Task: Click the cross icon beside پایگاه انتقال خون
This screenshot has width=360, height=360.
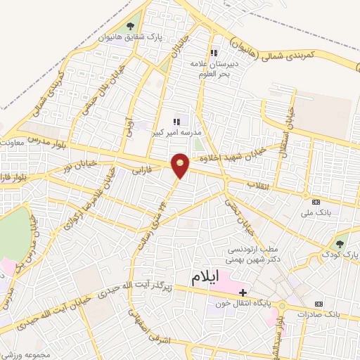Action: tap(242, 292)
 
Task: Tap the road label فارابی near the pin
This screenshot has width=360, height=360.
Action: tap(141, 168)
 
